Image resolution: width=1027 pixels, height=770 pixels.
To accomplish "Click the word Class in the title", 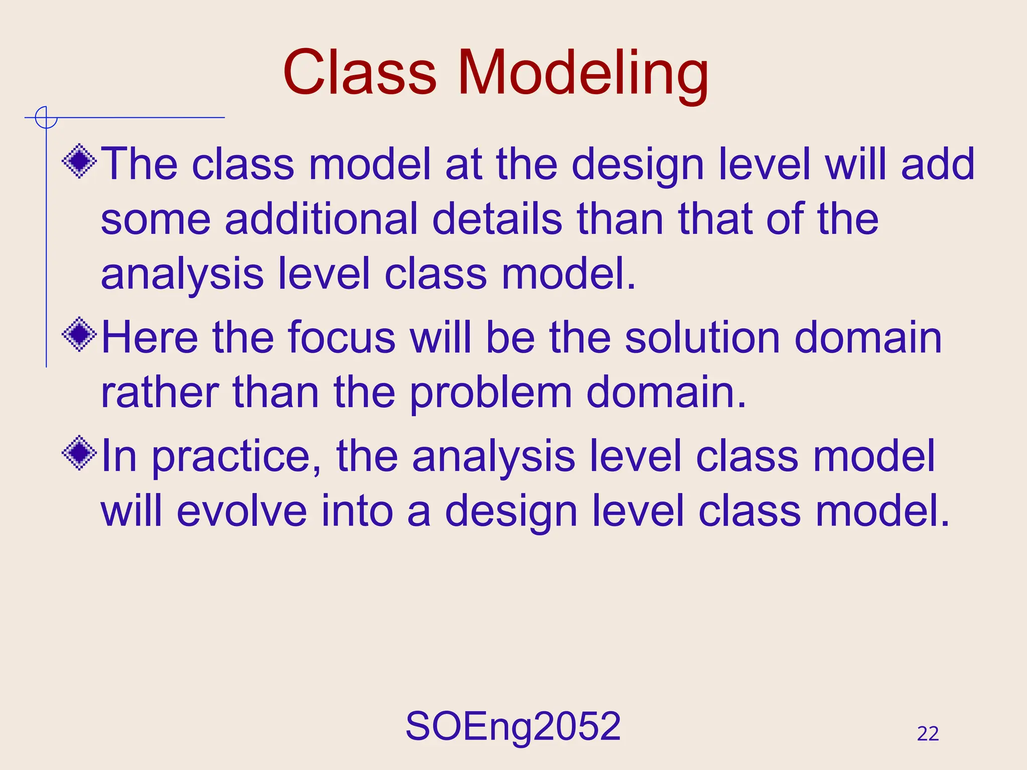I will click(x=360, y=73).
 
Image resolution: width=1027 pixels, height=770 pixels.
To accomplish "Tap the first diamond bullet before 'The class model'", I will click(x=79, y=161).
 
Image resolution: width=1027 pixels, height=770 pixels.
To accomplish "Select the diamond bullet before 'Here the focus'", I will click(x=79, y=334).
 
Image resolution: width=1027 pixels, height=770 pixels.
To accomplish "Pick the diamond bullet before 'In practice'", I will click(x=79, y=453).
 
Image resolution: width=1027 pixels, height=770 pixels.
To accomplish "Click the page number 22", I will click(x=928, y=734).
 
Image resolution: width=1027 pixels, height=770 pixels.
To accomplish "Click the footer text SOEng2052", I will click(x=513, y=726).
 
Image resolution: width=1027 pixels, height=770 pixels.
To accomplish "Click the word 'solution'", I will click(x=702, y=337).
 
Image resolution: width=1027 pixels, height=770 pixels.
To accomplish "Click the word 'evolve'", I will click(x=242, y=511).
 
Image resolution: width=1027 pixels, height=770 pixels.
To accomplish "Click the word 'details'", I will click(x=497, y=219).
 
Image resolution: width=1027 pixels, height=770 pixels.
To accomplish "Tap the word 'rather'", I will click(x=159, y=393).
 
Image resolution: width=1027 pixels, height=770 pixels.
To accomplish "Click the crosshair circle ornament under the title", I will click(x=46, y=118).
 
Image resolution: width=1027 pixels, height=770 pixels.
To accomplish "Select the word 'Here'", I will click(x=149, y=337).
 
